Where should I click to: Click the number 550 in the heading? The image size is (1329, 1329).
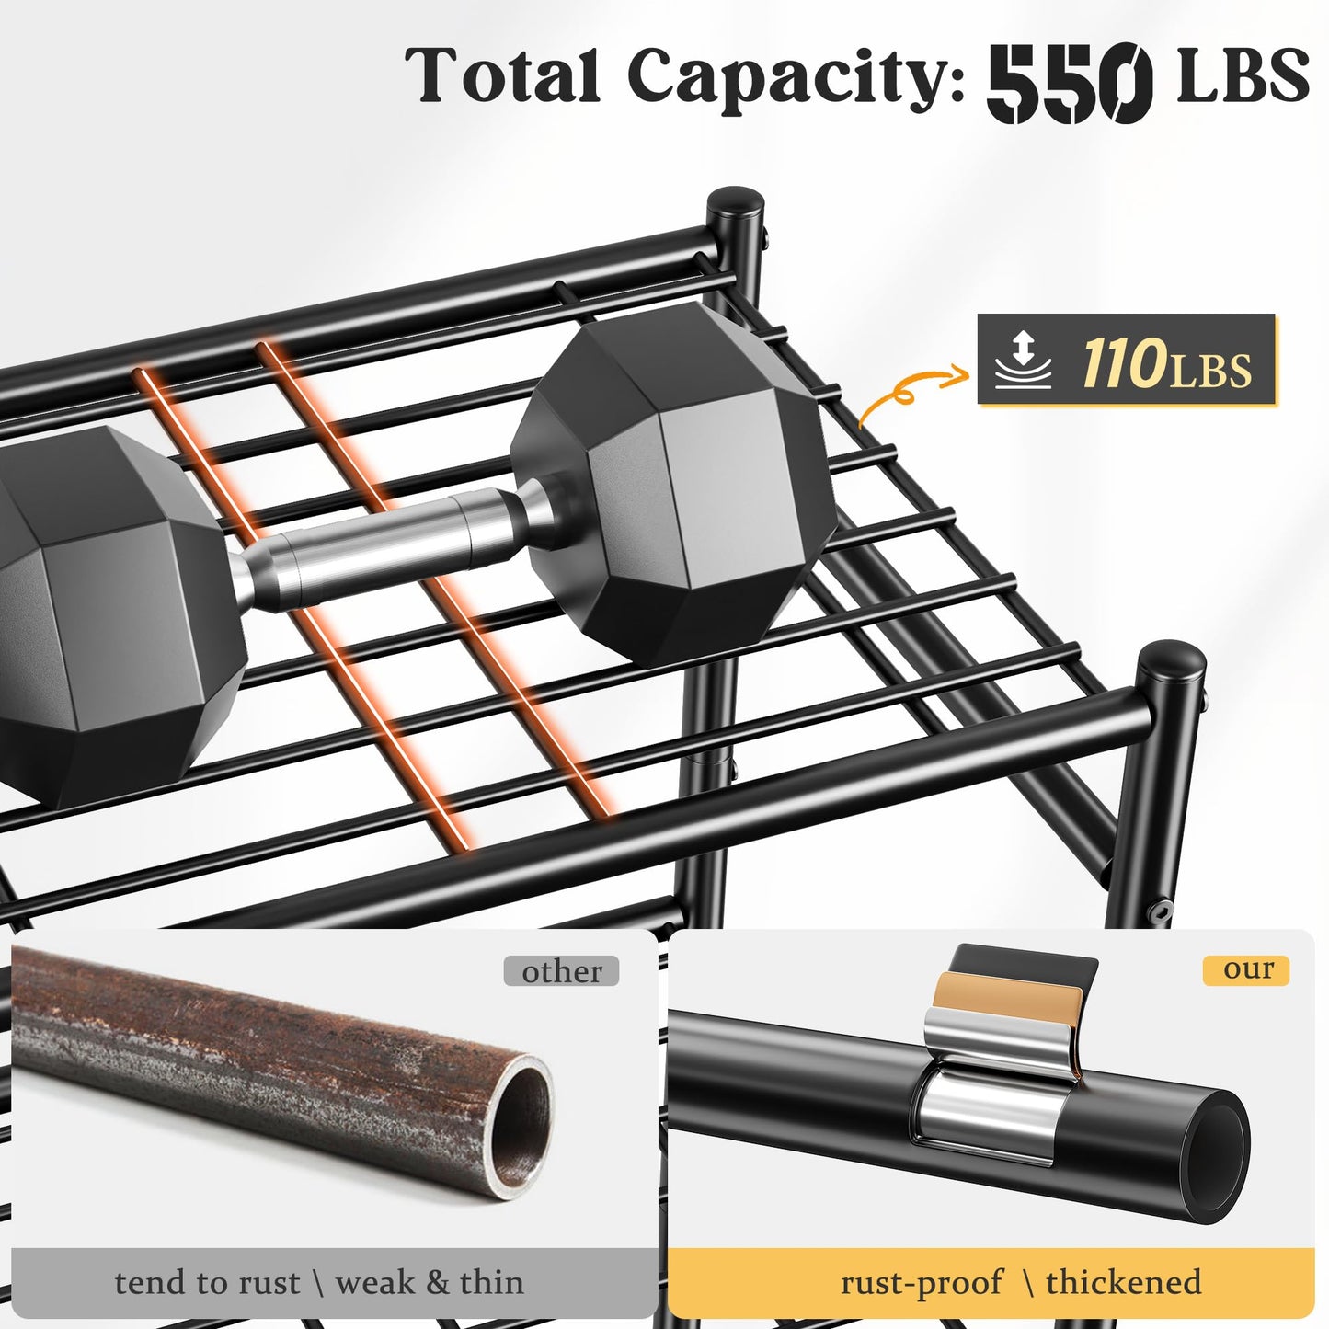tap(1071, 83)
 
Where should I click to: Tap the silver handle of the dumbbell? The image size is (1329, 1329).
tap(386, 544)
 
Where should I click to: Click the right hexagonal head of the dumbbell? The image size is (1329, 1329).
tap(672, 484)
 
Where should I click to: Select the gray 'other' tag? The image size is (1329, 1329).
tap(561, 972)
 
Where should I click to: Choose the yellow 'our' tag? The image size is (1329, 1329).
tap(1245, 969)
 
